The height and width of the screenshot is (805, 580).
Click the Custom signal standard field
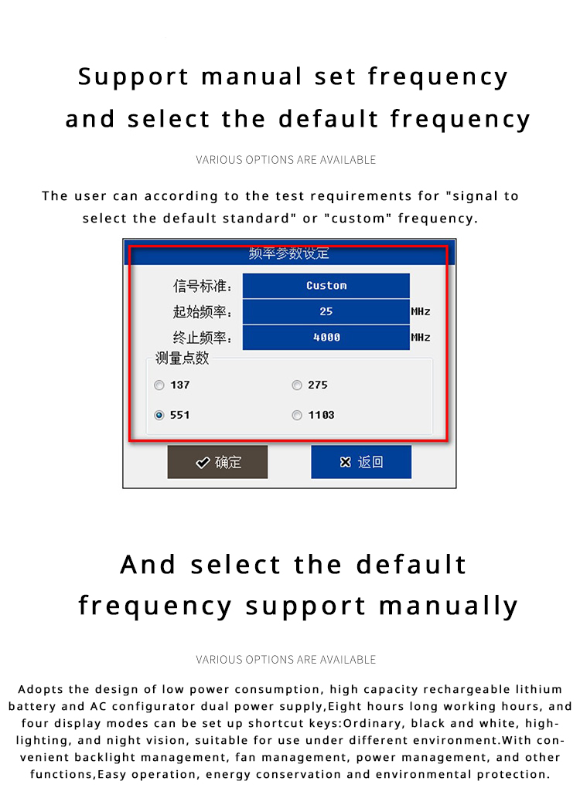(326, 285)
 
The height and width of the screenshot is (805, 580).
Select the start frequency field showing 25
(326, 311)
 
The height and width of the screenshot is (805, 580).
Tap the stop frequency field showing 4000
(326, 338)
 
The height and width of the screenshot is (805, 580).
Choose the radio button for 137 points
(159, 385)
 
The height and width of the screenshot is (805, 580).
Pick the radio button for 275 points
(297, 385)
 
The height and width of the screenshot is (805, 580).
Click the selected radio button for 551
(159, 415)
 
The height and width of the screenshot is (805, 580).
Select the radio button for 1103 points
(297, 415)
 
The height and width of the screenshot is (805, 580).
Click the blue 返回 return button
(361, 462)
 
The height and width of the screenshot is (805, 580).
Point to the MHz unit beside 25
(421, 311)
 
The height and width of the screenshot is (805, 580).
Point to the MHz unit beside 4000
(421, 338)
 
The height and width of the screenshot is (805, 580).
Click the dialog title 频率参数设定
(288, 253)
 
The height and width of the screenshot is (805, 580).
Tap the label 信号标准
(203, 286)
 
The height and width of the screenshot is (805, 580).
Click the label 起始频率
(203, 311)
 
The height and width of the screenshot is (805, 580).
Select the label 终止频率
(203, 338)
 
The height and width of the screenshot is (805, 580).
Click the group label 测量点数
(182, 358)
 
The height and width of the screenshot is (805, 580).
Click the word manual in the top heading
(252, 77)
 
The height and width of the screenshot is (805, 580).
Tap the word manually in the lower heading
(449, 606)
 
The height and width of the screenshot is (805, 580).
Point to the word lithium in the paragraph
(539, 689)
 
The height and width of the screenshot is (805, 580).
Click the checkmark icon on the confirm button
(203, 463)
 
